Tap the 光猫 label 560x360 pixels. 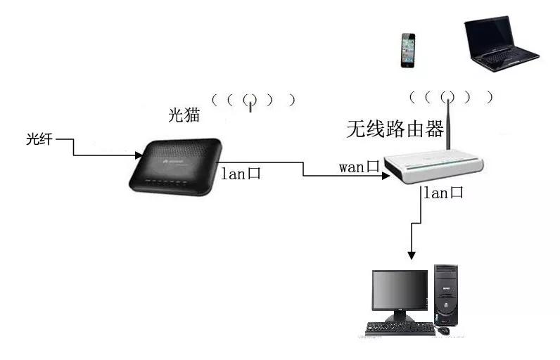pos(184,115)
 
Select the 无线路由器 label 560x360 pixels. pos(395,129)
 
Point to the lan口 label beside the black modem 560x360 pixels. pos(241,173)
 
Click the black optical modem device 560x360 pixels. pos(177,165)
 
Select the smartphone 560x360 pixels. pos(407,50)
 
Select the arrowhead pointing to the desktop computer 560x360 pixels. pos(413,254)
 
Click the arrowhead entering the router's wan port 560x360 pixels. pos(386,177)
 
